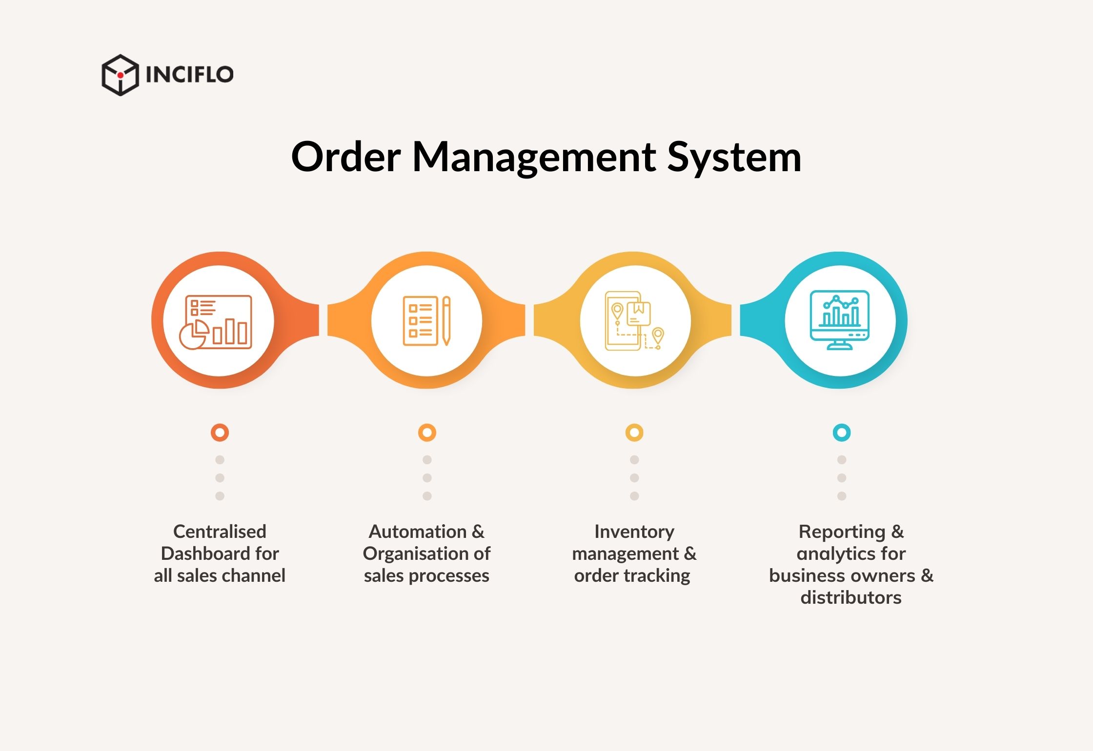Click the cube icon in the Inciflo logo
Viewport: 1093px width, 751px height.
point(120,75)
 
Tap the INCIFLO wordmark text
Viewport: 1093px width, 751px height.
point(190,75)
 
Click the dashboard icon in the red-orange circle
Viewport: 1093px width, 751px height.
point(216,322)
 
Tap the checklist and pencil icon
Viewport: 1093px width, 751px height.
point(426,321)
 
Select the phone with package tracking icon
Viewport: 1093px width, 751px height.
point(634,321)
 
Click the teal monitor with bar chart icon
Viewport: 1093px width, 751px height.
point(839,320)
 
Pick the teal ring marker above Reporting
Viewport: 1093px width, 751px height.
point(842,433)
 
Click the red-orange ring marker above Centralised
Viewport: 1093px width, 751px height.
point(220,433)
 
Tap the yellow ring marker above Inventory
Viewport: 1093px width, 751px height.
point(634,433)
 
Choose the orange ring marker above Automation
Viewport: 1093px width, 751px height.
point(427,433)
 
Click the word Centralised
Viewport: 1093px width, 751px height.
point(220,532)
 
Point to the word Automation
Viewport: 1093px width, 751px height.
point(418,532)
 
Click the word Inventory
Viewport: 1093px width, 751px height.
point(634,532)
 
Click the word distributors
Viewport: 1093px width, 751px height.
point(851,597)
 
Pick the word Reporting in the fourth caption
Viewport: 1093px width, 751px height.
point(842,532)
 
